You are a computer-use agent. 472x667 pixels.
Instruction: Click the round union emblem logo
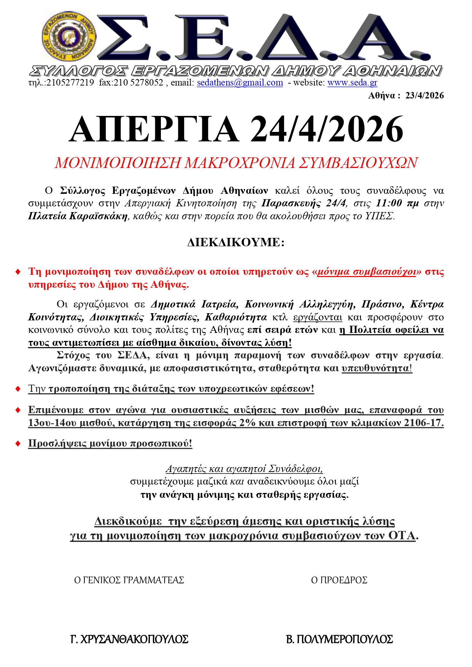pyautogui.click(x=68, y=37)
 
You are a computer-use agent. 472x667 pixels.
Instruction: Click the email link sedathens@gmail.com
pyautogui.click(x=240, y=82)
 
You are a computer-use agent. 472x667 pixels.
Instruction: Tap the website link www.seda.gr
pyautogui.click(x=352, y=82)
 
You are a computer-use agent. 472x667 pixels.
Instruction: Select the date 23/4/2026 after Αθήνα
pyautogui.click(x=424, y=95)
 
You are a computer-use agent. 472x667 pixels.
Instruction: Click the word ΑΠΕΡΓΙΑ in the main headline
pyautogui.click(x=154, y=129)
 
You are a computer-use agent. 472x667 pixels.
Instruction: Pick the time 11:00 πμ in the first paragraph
pyautogui.click(x=397, y=203)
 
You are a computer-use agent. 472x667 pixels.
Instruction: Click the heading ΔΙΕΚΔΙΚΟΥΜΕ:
pyautogui.click(x=236, y=242)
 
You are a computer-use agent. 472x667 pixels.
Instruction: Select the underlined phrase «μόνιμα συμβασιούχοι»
pyautogui.click(x=366, y=272)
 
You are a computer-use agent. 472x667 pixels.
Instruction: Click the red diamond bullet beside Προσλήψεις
pyautogui.click(x=18, y=444)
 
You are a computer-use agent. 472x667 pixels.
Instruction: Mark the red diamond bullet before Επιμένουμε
pyautogui.click(x=18, y=410)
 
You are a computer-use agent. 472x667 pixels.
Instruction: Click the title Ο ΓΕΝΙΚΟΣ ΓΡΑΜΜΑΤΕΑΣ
pyautogui.click(x=129, y=580)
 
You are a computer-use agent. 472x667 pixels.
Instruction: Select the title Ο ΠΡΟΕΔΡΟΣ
pyautogui.click(x=339, y=580)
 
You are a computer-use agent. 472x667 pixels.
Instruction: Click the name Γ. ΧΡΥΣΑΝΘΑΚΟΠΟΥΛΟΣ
pyautogui.click(x=129, y=639)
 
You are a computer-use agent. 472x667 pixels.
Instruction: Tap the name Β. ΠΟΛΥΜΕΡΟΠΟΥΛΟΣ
pyautogui.click(x=339, y=639)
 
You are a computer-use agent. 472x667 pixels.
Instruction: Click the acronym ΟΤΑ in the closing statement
pyautogui.click(x=402, y=536)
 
